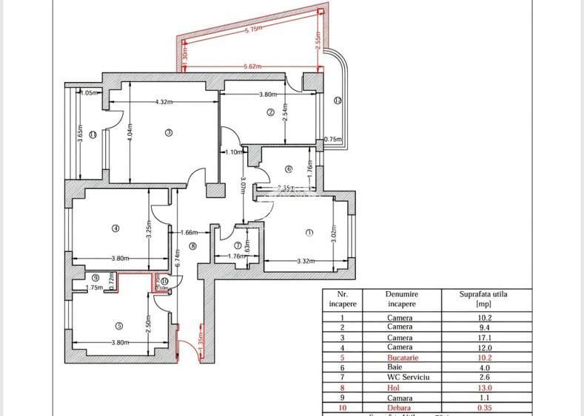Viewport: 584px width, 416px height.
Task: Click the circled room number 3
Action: (168, 133)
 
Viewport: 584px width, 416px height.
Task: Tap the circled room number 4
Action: (115, 228)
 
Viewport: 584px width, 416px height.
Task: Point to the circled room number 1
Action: (309, 233)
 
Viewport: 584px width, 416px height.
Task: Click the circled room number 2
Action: (270, 112)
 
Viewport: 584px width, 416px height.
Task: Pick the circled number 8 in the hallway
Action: (192, 247)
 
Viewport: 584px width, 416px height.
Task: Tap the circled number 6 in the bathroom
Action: (289, 168)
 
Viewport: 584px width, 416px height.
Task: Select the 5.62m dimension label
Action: (252, 67)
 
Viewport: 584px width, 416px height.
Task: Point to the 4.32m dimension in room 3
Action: (164, 102)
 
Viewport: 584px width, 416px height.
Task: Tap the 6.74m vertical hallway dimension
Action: (177, 259)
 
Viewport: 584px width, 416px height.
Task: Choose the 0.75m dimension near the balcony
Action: (333, 139)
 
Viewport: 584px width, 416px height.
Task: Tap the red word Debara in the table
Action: (400, 406)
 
